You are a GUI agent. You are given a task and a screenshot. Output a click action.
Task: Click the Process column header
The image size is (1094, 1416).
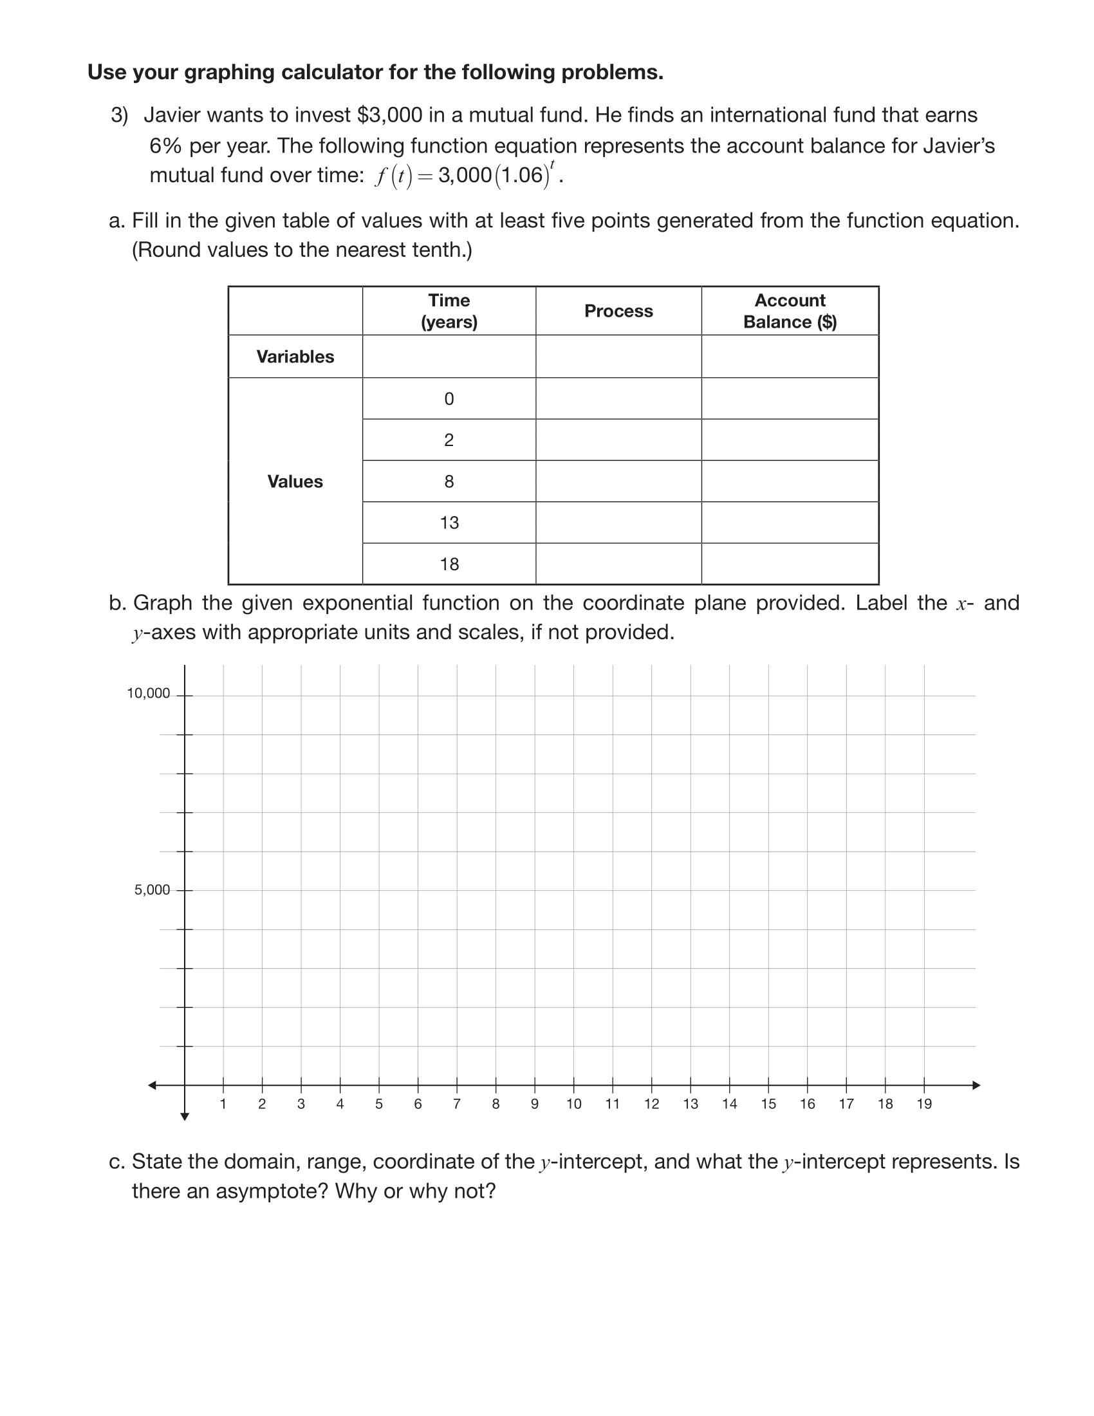618,312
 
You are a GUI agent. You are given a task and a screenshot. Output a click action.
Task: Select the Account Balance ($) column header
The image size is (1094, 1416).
790,312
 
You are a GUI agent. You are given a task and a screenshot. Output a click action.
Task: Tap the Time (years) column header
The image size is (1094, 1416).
449,312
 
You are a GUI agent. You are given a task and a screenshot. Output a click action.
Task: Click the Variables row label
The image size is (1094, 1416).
295,357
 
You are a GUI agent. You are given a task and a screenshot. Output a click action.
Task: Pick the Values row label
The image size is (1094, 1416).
295,481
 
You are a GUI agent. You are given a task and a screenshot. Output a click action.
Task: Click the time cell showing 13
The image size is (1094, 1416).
449,523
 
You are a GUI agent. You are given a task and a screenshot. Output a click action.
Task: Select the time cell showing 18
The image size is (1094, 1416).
449,564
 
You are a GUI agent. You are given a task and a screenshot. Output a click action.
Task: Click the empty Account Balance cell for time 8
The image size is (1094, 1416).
790,481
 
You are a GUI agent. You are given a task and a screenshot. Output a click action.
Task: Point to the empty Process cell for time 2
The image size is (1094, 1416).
618,440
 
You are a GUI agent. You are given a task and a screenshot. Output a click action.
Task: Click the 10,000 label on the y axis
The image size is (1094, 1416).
148,694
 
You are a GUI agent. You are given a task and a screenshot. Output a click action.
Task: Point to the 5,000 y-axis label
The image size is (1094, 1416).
152,890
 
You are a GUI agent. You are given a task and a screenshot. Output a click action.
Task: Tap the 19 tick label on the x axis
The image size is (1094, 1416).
924,1104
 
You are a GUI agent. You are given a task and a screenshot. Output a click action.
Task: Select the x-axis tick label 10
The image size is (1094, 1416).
573,1104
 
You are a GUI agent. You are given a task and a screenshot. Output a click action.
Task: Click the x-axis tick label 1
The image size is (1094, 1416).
223,1104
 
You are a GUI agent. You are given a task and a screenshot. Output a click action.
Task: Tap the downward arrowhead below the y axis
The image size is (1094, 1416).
185,1117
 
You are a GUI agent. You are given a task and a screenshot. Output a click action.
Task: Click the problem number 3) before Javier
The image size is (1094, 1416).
119,115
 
